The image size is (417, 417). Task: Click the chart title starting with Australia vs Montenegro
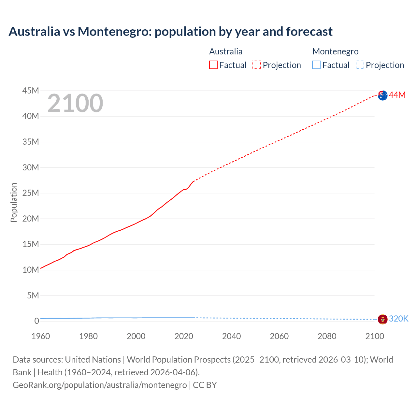click(170, 32)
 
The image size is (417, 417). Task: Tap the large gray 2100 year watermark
click(75, 103)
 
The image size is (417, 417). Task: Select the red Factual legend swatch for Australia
click(213, 65)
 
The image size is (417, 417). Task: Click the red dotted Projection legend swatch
click(257, 65)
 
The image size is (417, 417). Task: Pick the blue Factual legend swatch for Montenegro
click(316, 65)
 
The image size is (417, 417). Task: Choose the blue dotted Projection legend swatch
click(360, 65)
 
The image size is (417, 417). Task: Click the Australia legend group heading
click(226, 51)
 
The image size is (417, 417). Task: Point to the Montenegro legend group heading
click(335, 51)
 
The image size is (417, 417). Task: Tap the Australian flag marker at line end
click(382, 95)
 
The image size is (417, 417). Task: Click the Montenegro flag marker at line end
click(382, 319)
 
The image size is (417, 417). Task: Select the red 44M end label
click(397, 95)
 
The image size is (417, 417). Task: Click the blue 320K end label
click(398, 319)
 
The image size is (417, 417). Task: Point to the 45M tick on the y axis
click(31, 91)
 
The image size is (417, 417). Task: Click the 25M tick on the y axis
click(31, 193)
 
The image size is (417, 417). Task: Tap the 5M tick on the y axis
click(33, 295)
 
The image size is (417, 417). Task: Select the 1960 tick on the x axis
click(41, 336)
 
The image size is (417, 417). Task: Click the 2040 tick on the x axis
click(231, 336)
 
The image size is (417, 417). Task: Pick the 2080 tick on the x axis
click(327, 336)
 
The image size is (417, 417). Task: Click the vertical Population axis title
click(14, 202)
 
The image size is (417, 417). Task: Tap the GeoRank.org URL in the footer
click(100, 385)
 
